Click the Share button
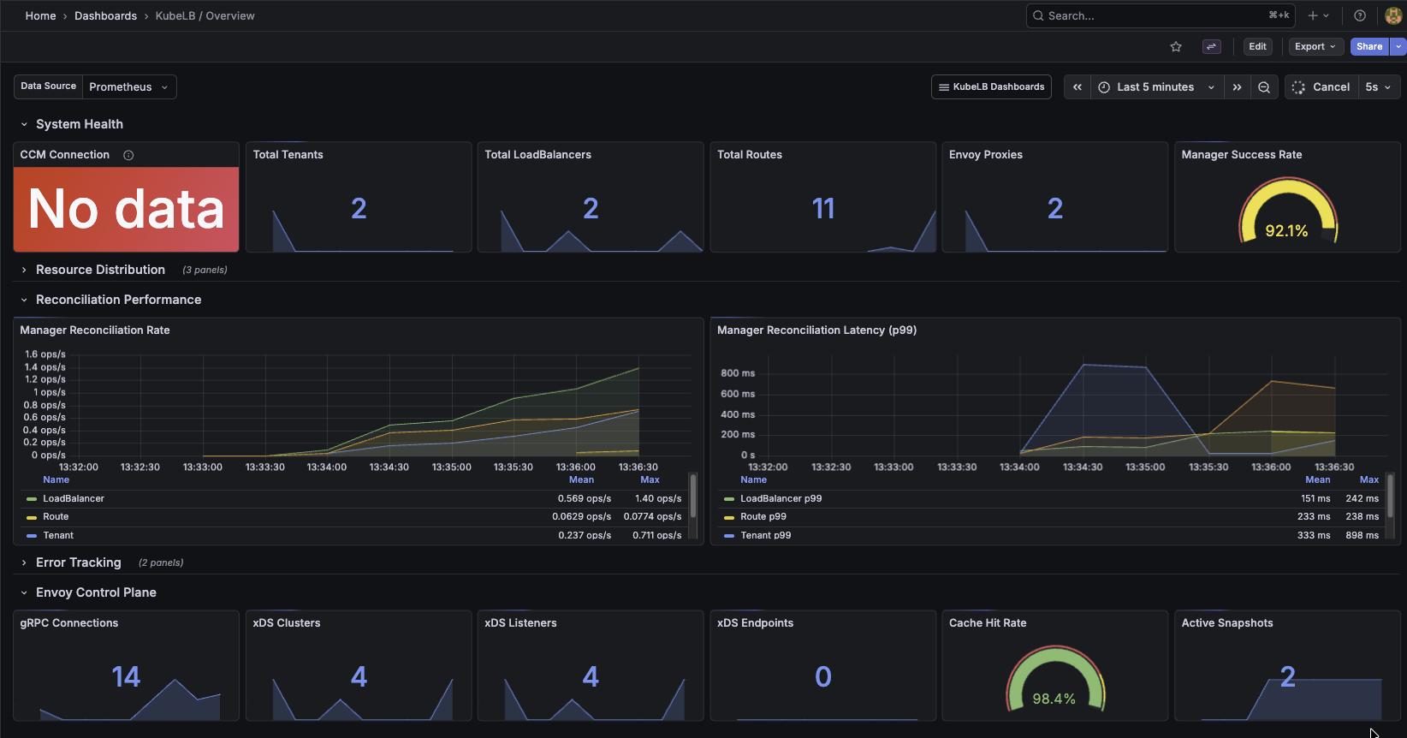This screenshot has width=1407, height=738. tap(1368, 46)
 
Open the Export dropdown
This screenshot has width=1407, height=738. tap(1315, 46)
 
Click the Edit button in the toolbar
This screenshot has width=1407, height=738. tap(1257, 46)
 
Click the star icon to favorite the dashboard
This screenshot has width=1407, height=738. tap(1176, 47)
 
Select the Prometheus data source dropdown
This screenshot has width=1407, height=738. tap(128, 86)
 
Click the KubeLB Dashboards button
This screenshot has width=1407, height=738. tap(991, 86)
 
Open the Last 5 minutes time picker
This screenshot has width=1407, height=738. tap(1155, 86)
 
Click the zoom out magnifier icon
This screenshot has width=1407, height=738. tap(1264, 86)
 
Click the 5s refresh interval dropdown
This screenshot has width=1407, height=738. tap(1378, 86)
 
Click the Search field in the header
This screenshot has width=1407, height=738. tap(1147, 15)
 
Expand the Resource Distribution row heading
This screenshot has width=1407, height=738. tap(100, 270)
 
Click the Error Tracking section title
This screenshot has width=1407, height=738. tap(79, 562)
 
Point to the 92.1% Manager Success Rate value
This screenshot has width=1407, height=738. tap(1286, 231)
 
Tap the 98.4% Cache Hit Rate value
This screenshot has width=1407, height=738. tap(1054, 699)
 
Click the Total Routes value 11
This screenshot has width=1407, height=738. tap(822, 209)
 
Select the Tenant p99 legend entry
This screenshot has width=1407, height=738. tap(765, 535)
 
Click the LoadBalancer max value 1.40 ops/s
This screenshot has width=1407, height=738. tap(657, 498)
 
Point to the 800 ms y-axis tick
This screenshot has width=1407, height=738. tap(737, 373)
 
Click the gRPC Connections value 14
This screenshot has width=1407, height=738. tap(126, 677)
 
